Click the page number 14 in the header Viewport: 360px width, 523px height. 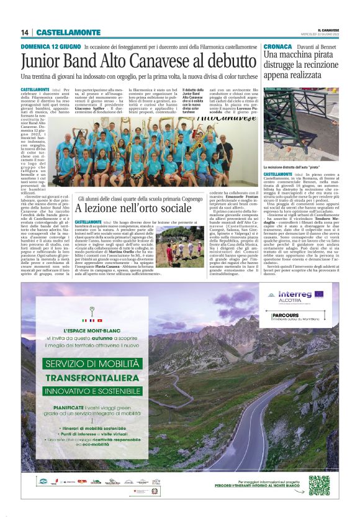click(25, 32)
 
